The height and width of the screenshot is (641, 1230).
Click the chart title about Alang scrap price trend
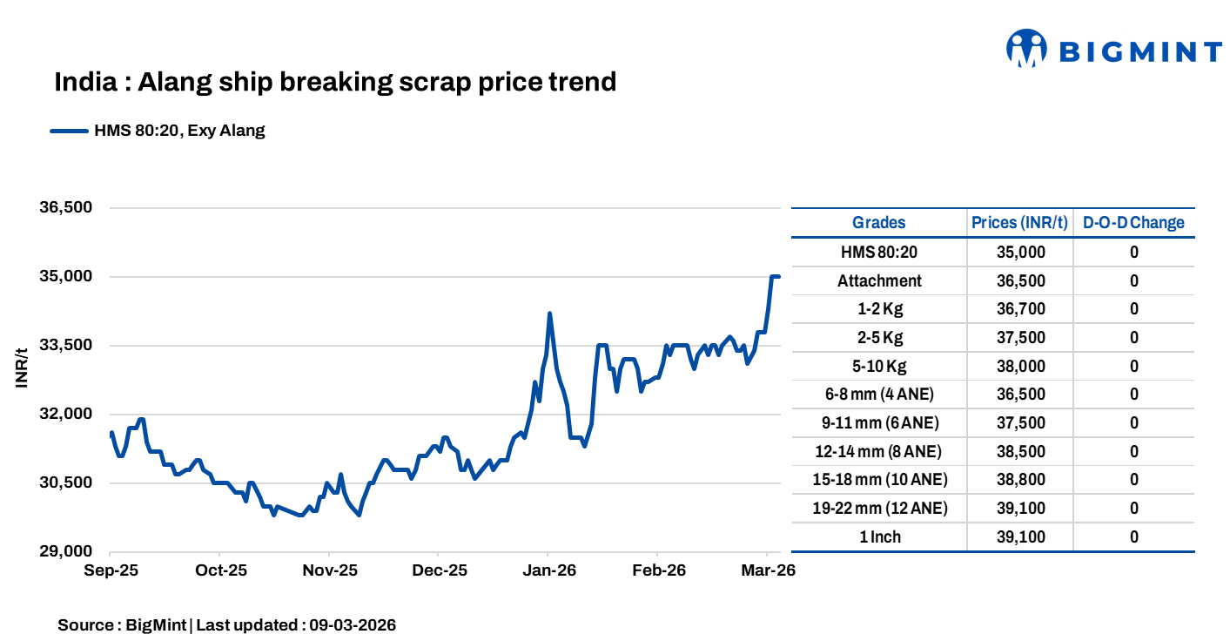(x=335, y=82)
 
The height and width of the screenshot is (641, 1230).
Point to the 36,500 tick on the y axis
(x=66, y=208)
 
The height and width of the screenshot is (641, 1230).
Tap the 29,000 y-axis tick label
(x=66, y=551)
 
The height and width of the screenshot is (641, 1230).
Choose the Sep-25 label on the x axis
(x=111, y=570)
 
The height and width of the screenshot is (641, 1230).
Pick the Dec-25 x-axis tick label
(x=439, y=570)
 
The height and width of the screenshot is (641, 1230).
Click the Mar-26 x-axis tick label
(x=766, y=570)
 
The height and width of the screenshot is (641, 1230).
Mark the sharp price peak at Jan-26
(x=549, y=314)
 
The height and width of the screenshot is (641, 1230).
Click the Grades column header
(x=878, y=222)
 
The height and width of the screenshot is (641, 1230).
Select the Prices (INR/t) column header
(x=1019, y=222)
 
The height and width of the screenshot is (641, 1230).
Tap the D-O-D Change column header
(x=1133, y=222)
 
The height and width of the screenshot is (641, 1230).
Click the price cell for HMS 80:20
(x=1019, y=253)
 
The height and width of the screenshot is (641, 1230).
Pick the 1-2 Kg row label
(x=878, y=309)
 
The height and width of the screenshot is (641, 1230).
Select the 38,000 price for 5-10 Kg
(x=1019, y=366)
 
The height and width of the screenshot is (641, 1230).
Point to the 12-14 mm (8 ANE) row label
(x=878, y=451)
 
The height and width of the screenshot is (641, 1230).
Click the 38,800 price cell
(x=1019, y=480)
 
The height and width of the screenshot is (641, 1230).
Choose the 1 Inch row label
(x=878, y=536)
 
